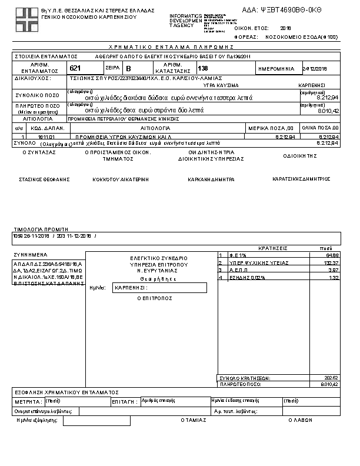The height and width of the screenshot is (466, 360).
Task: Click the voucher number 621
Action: tap(75, 68)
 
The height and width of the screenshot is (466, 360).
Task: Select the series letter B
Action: tap(129, 69)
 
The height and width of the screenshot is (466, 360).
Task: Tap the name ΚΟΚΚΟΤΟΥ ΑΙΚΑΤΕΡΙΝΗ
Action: tap(121, 179)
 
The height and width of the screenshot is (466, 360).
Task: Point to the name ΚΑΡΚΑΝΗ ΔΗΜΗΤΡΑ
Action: tap(212, 179)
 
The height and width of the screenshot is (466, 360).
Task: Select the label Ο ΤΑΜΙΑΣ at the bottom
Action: tap(194, 421)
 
